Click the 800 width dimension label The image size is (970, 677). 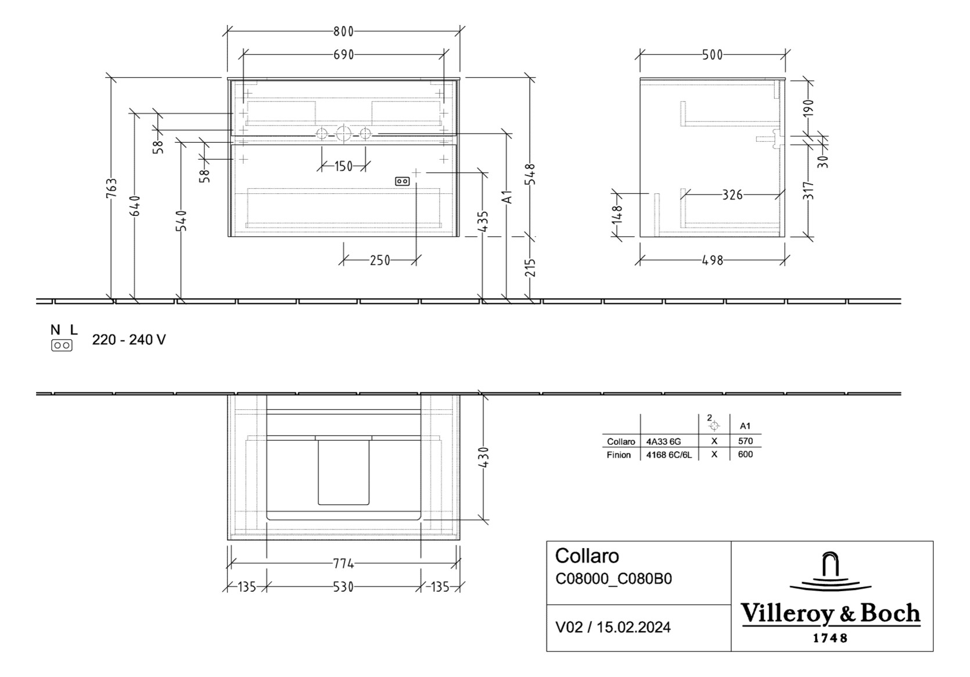(343, 31)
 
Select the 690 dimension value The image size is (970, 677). (343, 55)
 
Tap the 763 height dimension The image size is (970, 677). (112, 189)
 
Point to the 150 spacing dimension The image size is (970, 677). (343, 166)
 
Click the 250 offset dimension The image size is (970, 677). (380, 260)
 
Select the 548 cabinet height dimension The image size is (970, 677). (530, 174)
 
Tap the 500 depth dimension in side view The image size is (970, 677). (712, 55)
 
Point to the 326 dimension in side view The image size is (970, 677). (732, 195)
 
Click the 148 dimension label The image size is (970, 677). (617, 214)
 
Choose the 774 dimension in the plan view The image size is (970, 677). (343, 563)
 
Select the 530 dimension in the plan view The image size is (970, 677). (343, 587)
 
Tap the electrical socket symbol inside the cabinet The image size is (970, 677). (402, 181)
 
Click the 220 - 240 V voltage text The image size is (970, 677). (129, 340)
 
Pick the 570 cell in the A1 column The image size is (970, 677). (745, 441)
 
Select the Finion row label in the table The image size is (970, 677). (619, 455)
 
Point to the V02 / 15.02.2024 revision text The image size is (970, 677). (613, 627)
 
